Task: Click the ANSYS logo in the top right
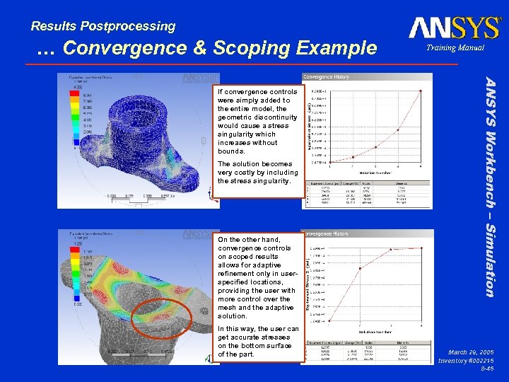pyautogui.click(x=454, y=28)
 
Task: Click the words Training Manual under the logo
pyautogui.click(x=455, y=48)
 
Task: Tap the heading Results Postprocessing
pyautogui.click(x=103, y=26)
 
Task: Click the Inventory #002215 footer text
pyautogui.click(x=467, y=360)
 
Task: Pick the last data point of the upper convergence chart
pyautogui.click(x=421, y=91)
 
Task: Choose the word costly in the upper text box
pyautogui.click(x=249, y=172)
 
